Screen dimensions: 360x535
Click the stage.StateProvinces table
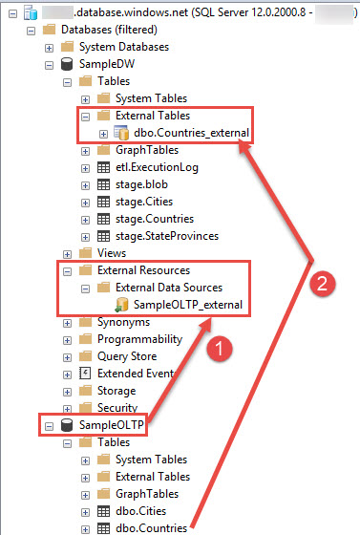[x=167, y=236]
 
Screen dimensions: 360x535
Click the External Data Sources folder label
[x=169, y=288]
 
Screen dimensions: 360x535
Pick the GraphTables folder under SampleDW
[x=146, y=150]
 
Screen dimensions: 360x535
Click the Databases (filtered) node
[x=107, y=30]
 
